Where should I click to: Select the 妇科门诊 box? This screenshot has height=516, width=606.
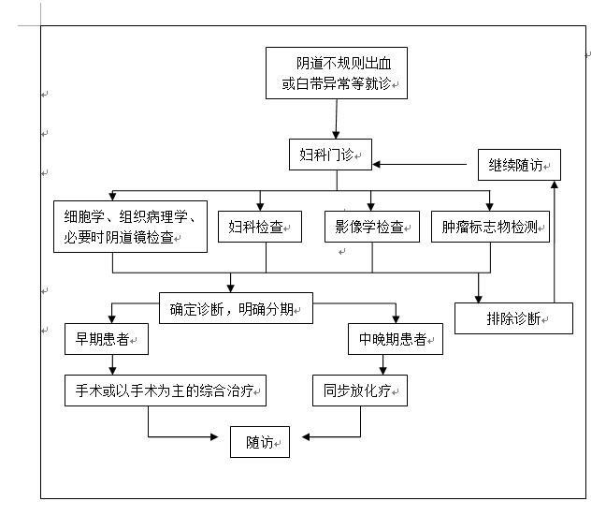[329, 155]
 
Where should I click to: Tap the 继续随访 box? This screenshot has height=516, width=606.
[519, 165]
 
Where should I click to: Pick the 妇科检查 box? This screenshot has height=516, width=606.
[260, 227]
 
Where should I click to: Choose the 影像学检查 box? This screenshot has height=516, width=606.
[371, 227]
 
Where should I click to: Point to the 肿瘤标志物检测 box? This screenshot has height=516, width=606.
[490, 227]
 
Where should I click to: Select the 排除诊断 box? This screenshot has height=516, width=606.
[513, 317]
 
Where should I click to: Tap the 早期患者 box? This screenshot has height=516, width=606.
[105, 340]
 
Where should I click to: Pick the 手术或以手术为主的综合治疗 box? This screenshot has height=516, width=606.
[165, 390]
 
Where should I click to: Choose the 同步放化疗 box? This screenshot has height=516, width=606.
[360, 390]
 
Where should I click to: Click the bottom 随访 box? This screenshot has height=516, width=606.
[260, 442]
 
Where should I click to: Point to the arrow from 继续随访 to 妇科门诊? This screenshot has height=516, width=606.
[421, 165]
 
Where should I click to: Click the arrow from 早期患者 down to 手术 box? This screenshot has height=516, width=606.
[112, 363]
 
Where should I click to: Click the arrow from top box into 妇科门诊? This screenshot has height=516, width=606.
[336, 120]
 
